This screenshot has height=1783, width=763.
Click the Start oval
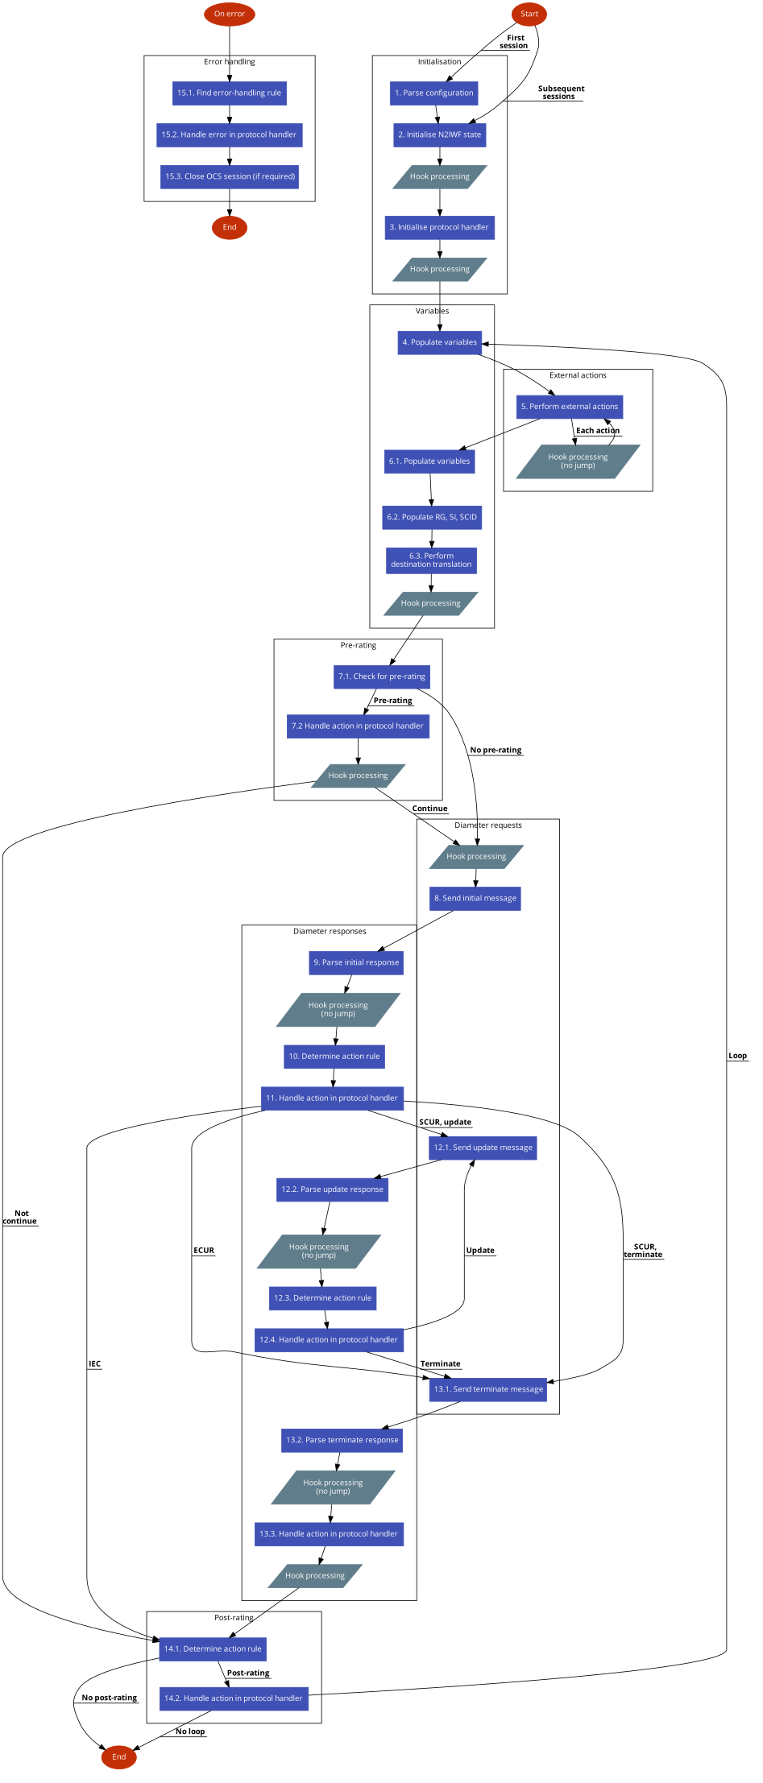[529, 14]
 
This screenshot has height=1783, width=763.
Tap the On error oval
[230, 14]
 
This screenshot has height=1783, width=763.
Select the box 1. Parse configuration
[434, 93]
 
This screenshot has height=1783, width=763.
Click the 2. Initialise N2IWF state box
[440, 135]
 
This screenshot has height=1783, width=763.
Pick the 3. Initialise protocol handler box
[439, 228]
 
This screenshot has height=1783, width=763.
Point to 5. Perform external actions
[570, 407]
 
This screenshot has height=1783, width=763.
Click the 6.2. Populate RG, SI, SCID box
[432, 518]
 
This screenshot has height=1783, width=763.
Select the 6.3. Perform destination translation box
[431, 561]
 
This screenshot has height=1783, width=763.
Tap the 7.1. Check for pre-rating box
[382, 677]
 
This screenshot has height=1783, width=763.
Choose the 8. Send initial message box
[475, 899]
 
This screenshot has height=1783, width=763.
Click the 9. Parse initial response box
[356, 963]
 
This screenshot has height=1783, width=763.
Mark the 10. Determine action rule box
[334, 1057]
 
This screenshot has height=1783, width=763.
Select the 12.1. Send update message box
[483, 1148]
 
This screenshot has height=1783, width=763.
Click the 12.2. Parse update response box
[333, 1190]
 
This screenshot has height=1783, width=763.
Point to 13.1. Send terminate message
[488, 1390]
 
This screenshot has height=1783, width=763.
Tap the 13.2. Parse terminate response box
[342, 1441]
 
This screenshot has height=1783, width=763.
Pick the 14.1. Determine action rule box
[213, 1649]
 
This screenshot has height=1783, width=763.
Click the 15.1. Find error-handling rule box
[230, 93]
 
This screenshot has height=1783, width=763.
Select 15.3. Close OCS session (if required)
[230, 177]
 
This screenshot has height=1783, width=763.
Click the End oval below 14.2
[119, 1757]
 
